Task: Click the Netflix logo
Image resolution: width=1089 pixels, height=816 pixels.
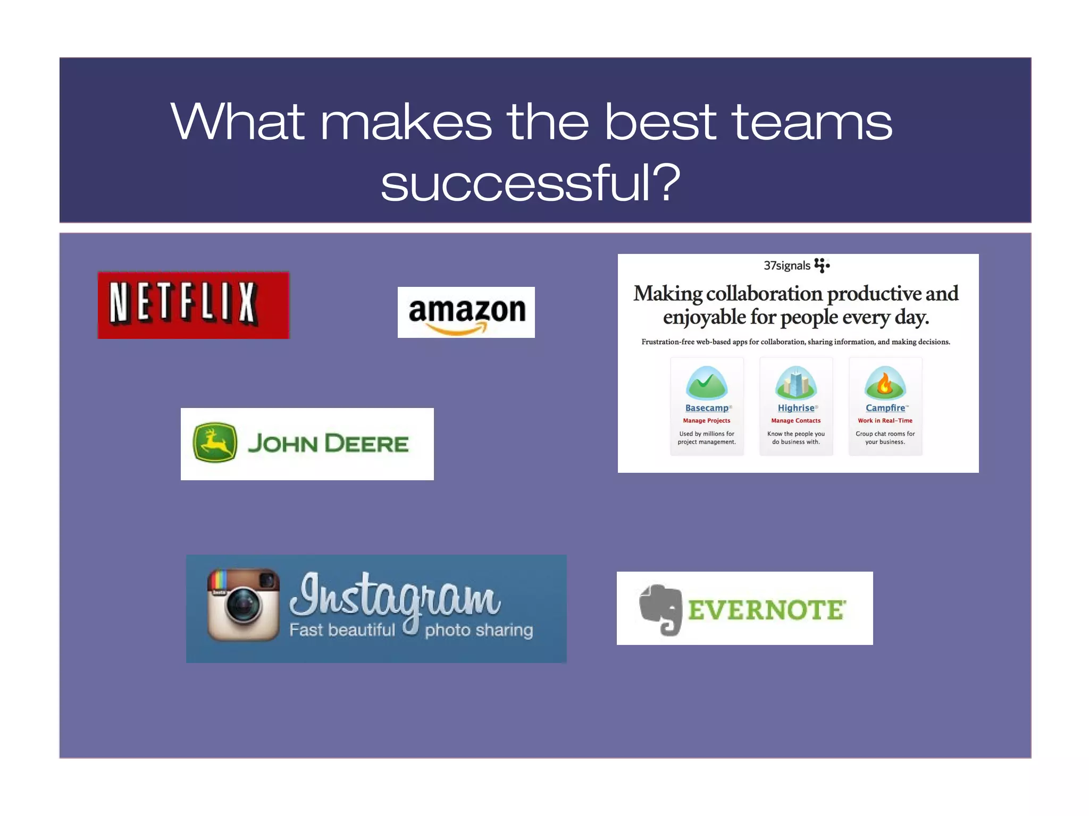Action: (x=193, y=305)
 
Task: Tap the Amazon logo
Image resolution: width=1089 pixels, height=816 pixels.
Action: (x=466, y=312)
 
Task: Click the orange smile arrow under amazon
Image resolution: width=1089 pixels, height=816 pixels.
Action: (x=457, y=330)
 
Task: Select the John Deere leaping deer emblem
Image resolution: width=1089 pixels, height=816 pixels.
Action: (x=215, y=443)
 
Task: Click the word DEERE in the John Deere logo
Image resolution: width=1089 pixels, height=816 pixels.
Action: (x=367, y=444)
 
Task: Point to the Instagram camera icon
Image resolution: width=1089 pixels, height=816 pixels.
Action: (x=243, y=605)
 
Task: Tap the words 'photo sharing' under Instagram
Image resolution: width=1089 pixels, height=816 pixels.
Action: (x=479, y=630)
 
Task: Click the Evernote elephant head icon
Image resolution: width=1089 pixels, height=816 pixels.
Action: (x=661, y=609)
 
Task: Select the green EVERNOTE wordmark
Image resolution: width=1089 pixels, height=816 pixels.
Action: (x=766, y=610)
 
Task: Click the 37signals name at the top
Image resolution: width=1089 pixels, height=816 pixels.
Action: (x=787, y=266)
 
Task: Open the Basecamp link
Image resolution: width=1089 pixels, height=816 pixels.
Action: (x=706, y=408)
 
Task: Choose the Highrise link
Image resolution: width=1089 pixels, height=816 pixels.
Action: (x=795, y=408)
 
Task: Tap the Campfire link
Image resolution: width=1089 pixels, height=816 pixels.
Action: (x=885, y=408)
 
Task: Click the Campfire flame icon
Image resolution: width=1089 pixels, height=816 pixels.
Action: (x=885, y=383)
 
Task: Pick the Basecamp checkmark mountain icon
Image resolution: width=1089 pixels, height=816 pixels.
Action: (x=706, y=383)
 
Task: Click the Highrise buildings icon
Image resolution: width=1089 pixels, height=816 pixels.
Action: (x=795, y=383)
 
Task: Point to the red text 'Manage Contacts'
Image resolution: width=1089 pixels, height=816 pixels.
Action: (x=795, y=421)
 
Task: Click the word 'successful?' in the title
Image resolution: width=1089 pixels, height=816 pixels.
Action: (x=530, y=183)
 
